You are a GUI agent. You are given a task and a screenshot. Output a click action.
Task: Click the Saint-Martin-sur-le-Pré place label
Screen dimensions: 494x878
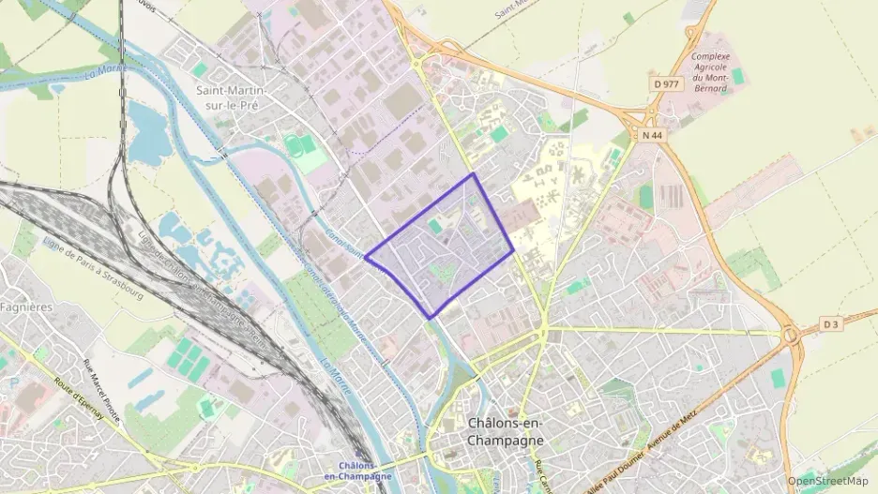tap(232, 97)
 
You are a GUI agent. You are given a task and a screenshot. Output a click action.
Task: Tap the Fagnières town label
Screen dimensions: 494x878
tap(26, 307)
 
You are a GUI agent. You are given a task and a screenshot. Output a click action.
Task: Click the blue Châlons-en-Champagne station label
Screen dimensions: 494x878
tap(357, 472)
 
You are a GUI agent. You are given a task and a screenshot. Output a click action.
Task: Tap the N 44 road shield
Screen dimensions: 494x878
tap(652, 135)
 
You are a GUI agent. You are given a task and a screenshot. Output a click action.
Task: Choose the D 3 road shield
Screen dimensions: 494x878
tap(830, 324)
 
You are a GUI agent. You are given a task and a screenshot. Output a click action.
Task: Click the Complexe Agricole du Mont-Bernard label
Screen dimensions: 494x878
tap(710, 72)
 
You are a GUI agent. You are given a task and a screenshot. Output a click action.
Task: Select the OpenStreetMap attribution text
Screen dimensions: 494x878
tap(828, 481)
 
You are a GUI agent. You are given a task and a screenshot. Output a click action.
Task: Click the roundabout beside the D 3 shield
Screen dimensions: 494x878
tap(790, 333)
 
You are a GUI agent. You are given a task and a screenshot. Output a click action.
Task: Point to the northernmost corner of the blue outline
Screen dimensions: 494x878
tap(473, 173)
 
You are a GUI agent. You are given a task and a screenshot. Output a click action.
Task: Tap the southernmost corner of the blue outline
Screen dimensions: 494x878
tap(431, 319)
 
